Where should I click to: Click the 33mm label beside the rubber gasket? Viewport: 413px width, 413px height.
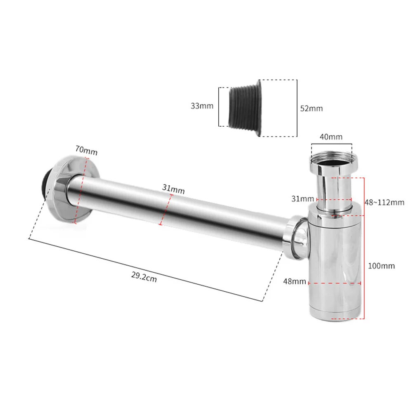pos(202,106)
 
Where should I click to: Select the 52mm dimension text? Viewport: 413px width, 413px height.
pos(311,109)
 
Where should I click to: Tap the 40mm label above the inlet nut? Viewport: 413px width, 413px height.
pos(331,137)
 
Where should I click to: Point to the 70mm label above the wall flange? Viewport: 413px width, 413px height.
pos(86,151)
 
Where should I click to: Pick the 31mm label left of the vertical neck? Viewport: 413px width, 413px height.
pos(302,198)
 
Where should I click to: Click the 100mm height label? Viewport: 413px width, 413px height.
pos(382,266)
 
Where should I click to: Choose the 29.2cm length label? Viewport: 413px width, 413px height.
pos(144,277)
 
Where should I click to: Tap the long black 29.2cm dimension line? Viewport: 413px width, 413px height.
pos(144,269)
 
